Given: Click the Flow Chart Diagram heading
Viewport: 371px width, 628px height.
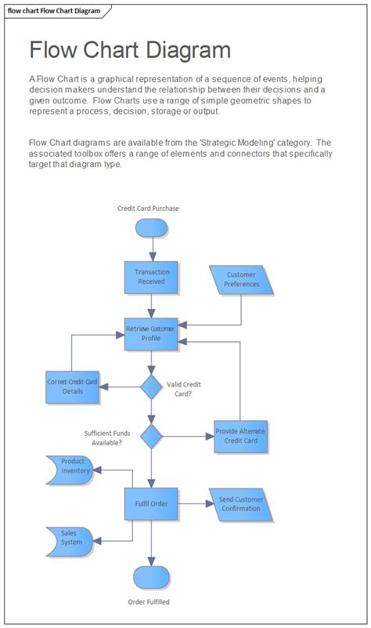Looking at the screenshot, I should point(130,51).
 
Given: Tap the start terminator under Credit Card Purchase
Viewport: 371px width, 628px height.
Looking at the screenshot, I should point(151,227).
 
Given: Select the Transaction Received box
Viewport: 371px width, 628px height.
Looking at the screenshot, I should point(151,277).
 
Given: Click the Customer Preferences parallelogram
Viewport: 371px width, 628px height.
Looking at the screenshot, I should point(242,280).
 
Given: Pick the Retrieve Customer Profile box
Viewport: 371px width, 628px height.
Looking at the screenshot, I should point(151,333).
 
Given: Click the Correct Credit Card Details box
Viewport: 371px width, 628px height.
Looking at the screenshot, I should point(72,387).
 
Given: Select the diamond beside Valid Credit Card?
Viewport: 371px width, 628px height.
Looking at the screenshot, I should point(151,387).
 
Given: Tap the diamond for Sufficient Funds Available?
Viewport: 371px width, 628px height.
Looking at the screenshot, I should point(151,437).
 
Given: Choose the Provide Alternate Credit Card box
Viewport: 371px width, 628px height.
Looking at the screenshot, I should point(241,437).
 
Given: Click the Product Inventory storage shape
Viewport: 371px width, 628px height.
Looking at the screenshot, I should point(70,470).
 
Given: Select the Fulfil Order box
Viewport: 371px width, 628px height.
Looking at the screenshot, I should point(151,503).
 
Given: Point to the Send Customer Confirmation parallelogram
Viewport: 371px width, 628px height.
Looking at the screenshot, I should point(241,504).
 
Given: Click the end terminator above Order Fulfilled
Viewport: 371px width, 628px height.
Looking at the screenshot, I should point(151,576).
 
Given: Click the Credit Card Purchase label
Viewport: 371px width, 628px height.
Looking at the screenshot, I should point(148,209).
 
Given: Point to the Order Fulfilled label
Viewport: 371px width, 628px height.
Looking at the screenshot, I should point(149,602).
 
